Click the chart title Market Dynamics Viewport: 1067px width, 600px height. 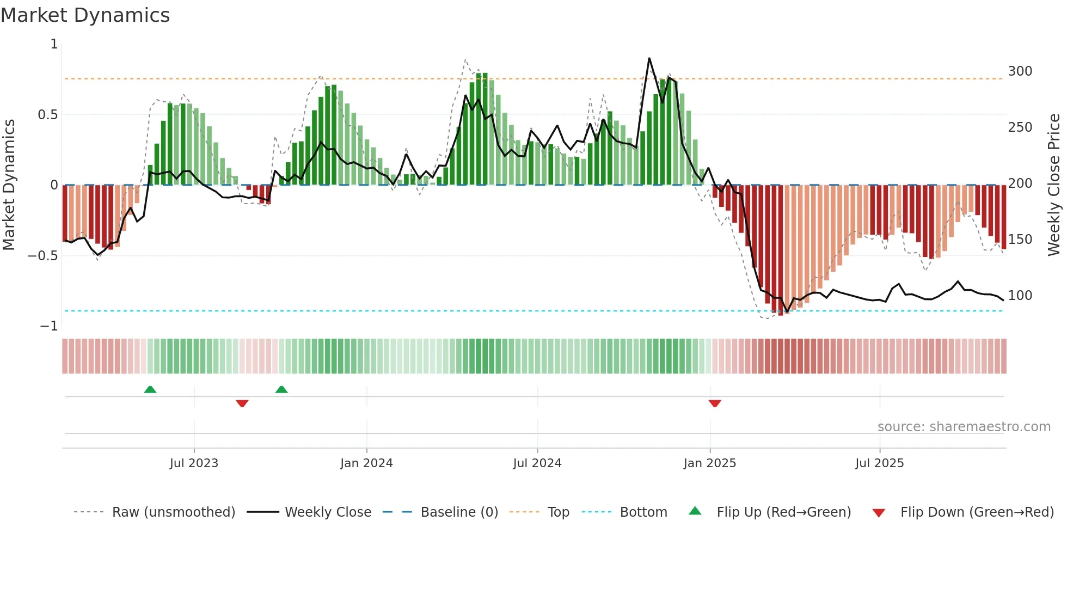pos(85,15)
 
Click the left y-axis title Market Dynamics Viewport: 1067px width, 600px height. pos(9,185)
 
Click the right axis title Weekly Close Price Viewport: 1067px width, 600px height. pos(1054,185)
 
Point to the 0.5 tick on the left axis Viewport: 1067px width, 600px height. pos(47,115)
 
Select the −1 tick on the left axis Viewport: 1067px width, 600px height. pos(49,326)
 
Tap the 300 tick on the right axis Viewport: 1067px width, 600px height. pos(1020,71)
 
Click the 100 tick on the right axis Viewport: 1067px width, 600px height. pos(1020,296)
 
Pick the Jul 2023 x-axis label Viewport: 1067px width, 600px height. pos(194,463)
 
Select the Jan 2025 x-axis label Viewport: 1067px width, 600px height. pos(709,463)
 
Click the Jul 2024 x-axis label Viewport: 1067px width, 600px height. pos(537,463)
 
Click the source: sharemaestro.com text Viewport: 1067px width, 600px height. pos(964,427)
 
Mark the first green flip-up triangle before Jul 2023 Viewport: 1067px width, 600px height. pos(150,389)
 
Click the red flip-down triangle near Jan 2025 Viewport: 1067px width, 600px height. pos(715,403)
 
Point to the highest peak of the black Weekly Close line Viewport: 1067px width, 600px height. pos(649,58)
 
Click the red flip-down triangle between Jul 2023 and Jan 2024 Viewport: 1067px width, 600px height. pos(242,403)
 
